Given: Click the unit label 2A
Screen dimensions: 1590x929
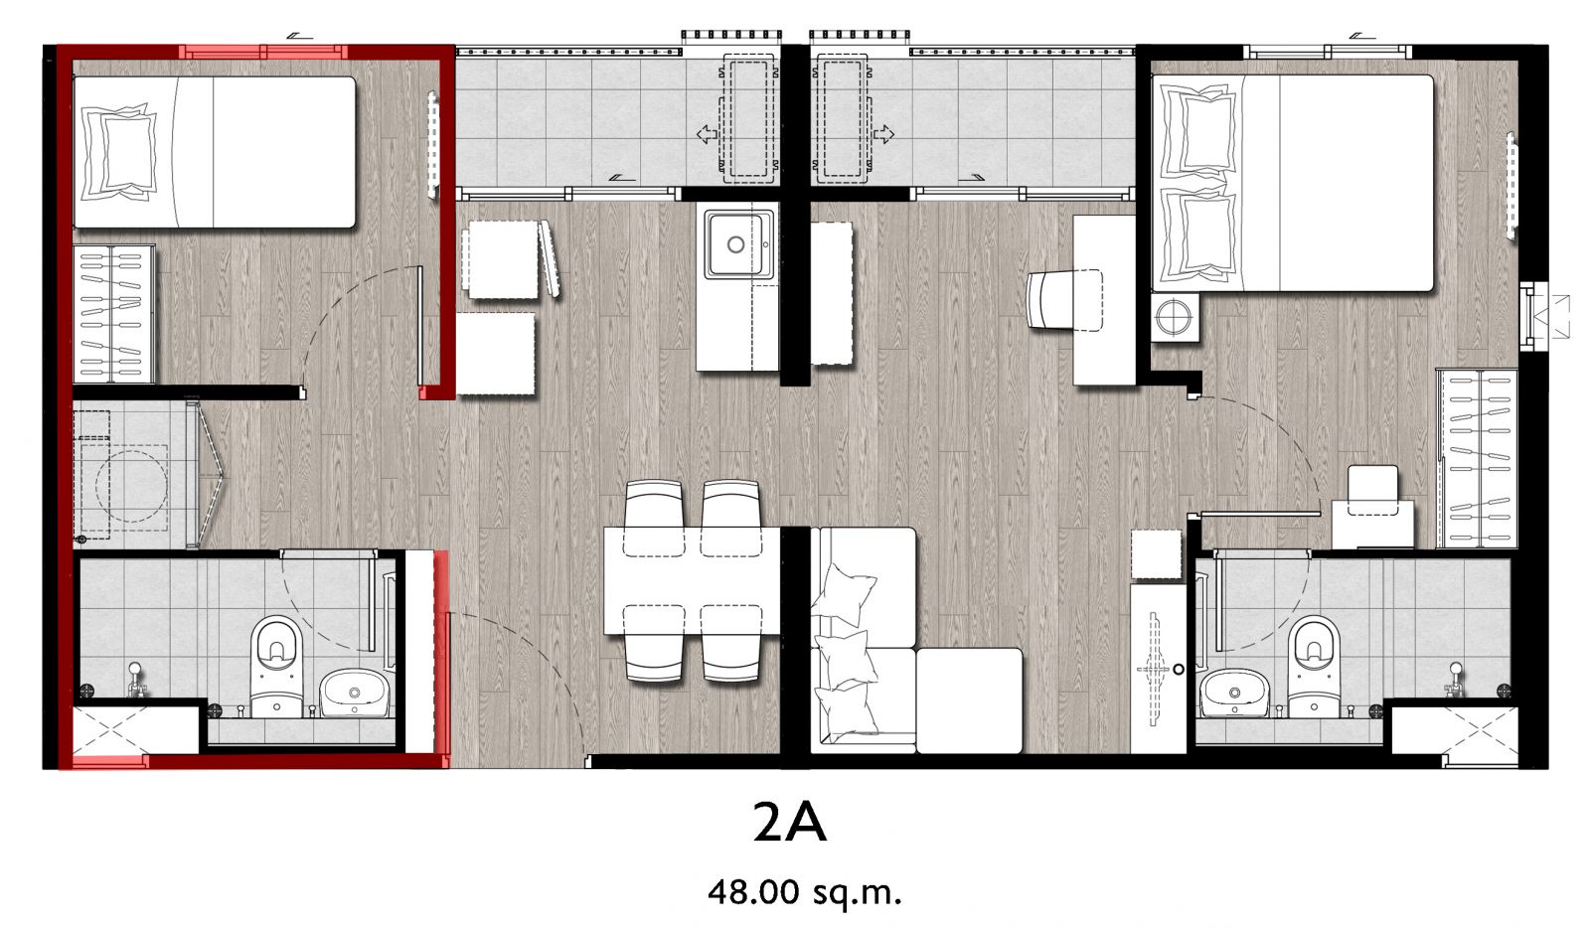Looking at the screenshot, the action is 789,824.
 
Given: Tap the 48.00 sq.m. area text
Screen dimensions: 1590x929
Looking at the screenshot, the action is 804,891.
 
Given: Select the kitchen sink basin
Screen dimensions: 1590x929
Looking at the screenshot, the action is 736,244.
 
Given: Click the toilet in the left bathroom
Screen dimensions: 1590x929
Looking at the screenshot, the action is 276,666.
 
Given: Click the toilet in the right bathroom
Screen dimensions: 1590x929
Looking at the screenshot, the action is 1313,666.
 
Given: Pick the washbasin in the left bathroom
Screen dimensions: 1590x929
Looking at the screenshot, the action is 354,693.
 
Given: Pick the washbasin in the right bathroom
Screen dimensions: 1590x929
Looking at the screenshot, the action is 1234,693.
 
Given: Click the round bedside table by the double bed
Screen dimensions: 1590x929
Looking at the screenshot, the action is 1174,317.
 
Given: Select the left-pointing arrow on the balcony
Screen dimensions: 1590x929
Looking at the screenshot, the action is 707,133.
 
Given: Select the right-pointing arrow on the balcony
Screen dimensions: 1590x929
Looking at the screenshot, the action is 883,133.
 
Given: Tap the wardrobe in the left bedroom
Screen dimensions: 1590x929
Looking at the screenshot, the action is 113,314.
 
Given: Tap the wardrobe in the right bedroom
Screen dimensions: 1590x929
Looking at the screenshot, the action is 1477,458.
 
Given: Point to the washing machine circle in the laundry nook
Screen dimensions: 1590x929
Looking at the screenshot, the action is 131,484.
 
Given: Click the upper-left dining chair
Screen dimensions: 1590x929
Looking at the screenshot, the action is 654,518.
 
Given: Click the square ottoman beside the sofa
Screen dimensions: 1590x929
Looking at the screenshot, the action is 969,700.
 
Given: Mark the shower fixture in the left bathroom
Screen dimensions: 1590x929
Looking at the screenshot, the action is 135,680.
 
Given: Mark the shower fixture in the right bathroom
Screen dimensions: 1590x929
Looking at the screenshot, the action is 1455,680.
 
